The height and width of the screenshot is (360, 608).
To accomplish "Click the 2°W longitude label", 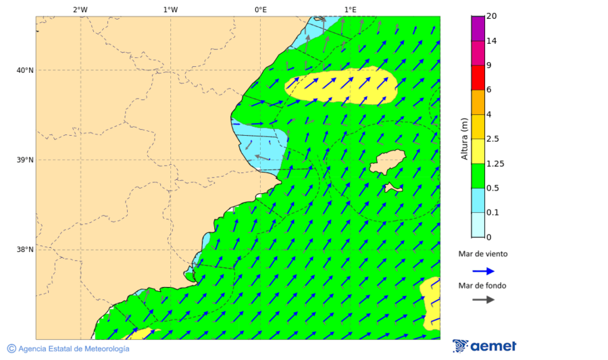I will [x=80, y=9].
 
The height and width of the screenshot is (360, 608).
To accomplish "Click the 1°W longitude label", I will [x=170, y=9].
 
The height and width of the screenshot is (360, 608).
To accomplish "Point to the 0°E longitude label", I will [x=260, y=9].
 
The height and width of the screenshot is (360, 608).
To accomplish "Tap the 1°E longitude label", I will [x=350, y=9].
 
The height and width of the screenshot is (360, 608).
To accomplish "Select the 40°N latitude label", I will [x=25, y=70].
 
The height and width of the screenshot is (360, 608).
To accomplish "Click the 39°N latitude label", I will [x=25, y=160].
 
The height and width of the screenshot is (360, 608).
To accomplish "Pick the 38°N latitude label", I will [x=25, y=250].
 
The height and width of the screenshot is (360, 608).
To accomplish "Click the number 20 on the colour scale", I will [x=492, y=16].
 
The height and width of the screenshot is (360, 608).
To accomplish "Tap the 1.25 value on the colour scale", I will [x=495, y=163].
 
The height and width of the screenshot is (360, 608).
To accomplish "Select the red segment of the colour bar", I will [x=478, y=77].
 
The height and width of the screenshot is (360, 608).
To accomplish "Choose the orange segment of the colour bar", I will [x=478, y=102].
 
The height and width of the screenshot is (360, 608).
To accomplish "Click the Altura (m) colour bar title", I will [x=464, y=138].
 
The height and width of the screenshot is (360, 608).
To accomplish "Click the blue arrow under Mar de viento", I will [x=483, y=271].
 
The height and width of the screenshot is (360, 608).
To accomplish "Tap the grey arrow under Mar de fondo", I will [x=483, y=300].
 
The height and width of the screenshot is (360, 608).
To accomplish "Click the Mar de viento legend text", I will [x=483, y=255].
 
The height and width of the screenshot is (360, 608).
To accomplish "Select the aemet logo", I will [x=484, y=346].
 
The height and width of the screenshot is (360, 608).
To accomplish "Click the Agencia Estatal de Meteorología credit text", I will [x=73, y=349].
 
